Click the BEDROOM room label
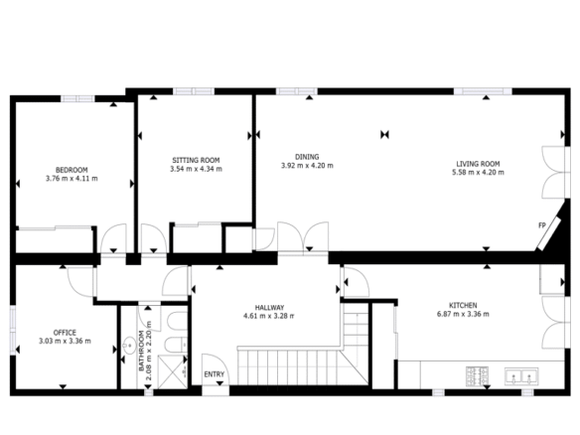pos(72,170)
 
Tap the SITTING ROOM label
pos(196,160)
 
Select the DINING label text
pos(307,157)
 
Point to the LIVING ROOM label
pos(478,164)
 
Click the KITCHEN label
pos(463,306)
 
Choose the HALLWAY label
pos(269,308)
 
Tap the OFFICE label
pos(65,333)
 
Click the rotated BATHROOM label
pos(141,351)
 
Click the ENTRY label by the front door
pos(215,374)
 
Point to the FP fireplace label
pos(542,225)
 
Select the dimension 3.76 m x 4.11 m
pos(72,179)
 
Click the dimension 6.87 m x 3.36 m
pos(463,314)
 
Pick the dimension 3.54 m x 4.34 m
pos(196,169)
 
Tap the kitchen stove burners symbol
pos(478,376)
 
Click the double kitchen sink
pos(521,376)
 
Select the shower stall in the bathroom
pos(173,371)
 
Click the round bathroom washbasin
pos(129,346)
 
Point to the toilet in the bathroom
pos(176,345)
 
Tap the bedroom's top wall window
pos(77,98)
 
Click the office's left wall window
pos(13,331)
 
